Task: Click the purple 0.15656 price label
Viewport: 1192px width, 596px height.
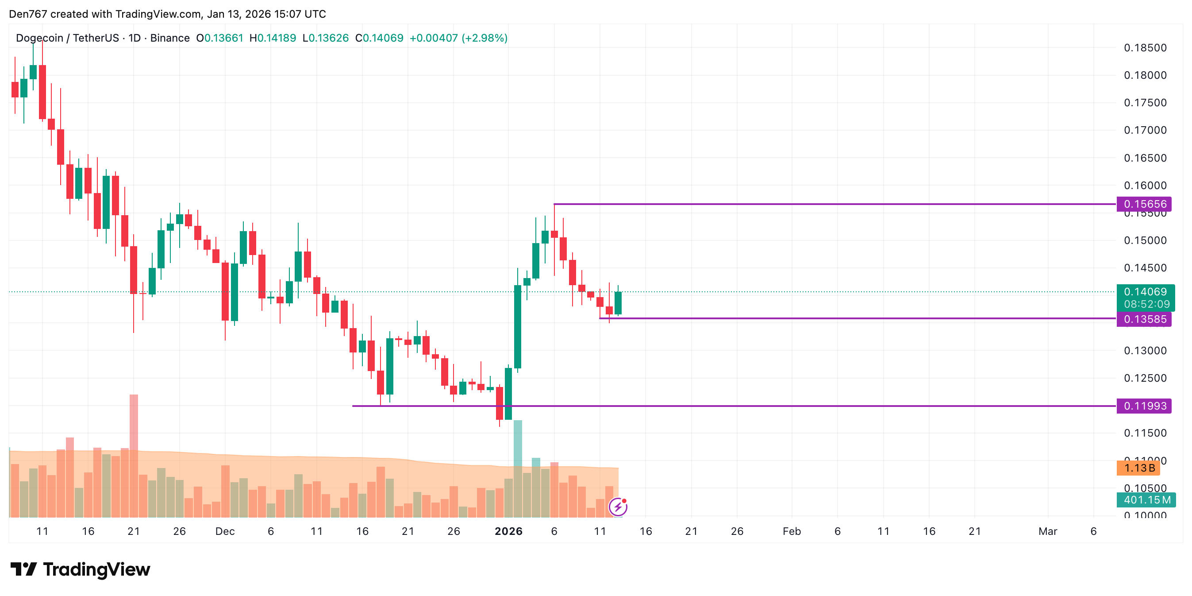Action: (x=1144, y=204)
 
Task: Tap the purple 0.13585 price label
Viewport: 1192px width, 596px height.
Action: (x=1144, y=319)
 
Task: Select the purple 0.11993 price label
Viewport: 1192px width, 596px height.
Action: (x=1144, y=406)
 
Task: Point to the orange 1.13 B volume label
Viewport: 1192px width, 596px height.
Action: (x=1139, y=468)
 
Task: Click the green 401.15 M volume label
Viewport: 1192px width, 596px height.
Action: (x=1146, y=500)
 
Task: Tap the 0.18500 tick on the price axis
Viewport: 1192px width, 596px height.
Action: (x=1145, y=48)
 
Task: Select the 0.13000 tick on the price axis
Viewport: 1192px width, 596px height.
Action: (x=1145, y=351)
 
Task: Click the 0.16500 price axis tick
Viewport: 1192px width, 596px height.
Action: (x=1145, y=158)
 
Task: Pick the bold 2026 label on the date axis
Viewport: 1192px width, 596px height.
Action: (x=508, y=531)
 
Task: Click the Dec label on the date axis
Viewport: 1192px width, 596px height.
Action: (x=225, y=531)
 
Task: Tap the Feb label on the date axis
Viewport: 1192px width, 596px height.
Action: (x=791, y=531)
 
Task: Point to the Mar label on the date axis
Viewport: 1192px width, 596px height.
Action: (x=1047, y=531)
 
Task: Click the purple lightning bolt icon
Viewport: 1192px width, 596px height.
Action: (x=618, y=507)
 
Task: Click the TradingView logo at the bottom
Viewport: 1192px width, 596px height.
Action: (x=81, y=569)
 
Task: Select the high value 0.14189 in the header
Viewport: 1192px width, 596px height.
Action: (x=276, y=38)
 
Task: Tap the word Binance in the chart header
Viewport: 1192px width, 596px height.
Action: (x=170, y=38)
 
